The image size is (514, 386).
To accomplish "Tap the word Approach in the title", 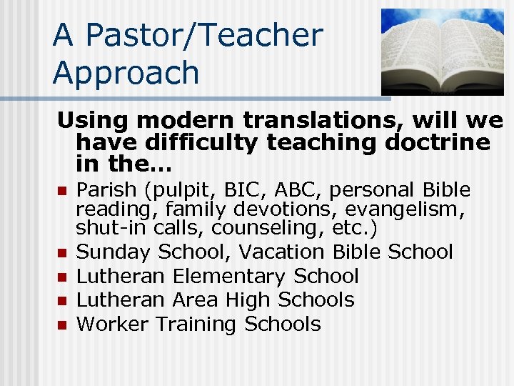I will pos(126,73).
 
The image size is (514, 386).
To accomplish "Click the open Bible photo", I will pos(443,51).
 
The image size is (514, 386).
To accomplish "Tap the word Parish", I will pos(103,190).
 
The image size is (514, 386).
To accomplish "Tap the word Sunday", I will pos(114,252).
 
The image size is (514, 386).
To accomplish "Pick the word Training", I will pos(197,324).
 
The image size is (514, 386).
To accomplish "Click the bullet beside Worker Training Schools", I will pos(62,325).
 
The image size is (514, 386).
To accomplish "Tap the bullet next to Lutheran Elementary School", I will pos(62,277).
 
